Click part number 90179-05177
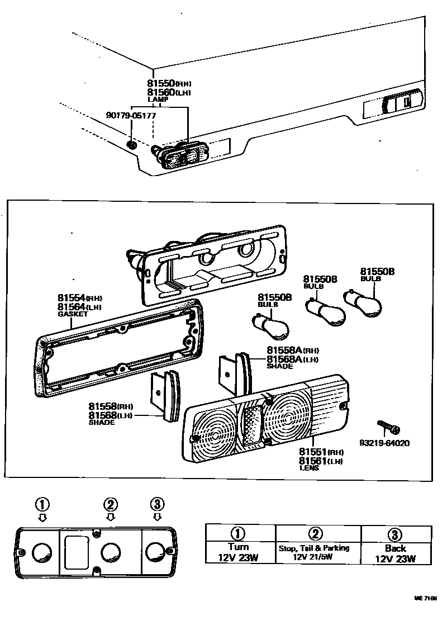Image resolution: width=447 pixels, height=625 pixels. tap(131, 116)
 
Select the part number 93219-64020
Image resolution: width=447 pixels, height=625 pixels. tap(384, 443)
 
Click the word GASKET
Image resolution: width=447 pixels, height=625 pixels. tap(73, 315)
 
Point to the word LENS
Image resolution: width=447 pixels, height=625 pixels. tap(309, 468)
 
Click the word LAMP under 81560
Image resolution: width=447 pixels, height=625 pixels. tap(158, 99)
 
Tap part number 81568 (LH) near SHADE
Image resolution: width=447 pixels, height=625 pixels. tap(110, 415)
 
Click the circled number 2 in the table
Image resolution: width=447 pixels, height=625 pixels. tap(316, 534)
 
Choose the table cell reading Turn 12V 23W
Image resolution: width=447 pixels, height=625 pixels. tap(239, 552)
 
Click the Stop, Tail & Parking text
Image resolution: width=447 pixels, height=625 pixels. tap(313, 548)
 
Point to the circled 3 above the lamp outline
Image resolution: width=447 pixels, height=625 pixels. tap(157, 504)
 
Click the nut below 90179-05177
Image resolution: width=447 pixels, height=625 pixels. tap(132, 144)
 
